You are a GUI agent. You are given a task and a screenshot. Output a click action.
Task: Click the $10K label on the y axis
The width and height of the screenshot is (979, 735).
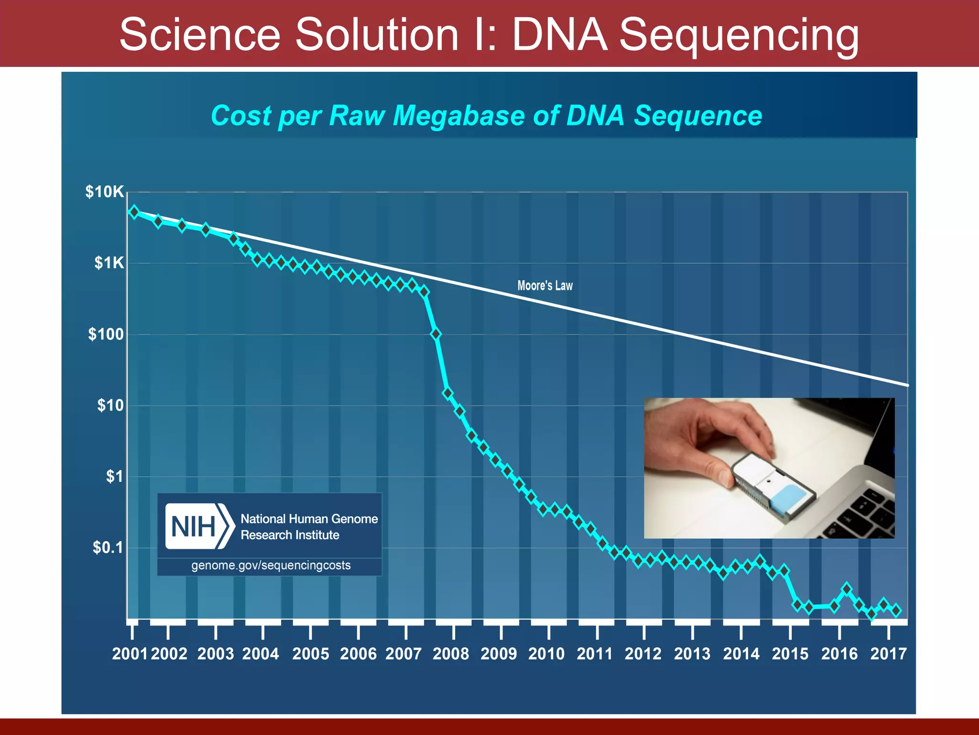(104, 192)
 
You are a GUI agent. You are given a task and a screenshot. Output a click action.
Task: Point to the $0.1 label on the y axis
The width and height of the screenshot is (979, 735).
(108, 547)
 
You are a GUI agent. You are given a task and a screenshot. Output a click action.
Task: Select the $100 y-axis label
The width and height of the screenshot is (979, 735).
(106, 334)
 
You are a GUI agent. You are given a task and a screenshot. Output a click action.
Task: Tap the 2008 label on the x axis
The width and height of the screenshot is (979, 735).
(451, 654)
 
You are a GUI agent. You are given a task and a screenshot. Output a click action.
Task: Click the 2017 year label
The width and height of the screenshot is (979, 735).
(888, 654)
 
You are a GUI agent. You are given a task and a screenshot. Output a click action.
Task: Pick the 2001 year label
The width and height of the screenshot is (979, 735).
(130, 654)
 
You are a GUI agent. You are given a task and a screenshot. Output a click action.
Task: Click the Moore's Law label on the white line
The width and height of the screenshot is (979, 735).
(545, 286)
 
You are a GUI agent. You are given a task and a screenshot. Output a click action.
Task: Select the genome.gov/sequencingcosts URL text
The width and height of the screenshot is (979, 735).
(271, 566)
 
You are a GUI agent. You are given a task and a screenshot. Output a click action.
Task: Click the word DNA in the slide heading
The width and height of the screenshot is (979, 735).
(559, 34)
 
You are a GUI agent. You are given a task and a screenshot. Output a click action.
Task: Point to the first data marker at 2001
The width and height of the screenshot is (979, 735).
(134, 212)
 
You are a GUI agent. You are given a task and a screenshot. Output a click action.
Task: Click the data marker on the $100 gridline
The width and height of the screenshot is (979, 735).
(435, 334)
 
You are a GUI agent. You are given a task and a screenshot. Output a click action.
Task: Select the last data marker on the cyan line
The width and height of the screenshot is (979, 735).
(896, 610)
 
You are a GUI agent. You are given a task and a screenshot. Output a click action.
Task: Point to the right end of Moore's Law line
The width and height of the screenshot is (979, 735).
(906, 384)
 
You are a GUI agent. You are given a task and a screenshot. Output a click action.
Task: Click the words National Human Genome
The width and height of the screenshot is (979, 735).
(309, 519)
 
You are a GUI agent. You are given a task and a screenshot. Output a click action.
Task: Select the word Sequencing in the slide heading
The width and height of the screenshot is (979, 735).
(739, 34)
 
